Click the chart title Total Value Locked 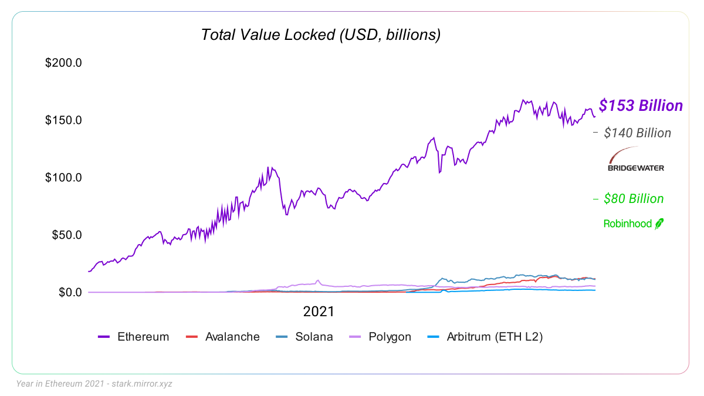tap(320, 35)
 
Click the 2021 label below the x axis tap(319, 310)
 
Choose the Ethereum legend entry tap(143, 337)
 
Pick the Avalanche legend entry tap(232, 337)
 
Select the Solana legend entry tap(314, 337)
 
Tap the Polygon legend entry tap(390, 337)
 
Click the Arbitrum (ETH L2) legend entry tap(495, 337)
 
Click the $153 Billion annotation tap(641, 106)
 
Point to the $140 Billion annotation tap(637, 133)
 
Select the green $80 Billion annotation tap(634, 199)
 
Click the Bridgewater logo tap(636, 160)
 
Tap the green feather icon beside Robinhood tap(659, 224)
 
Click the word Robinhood tap(627, 224)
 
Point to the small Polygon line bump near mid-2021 tap(318, 281)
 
